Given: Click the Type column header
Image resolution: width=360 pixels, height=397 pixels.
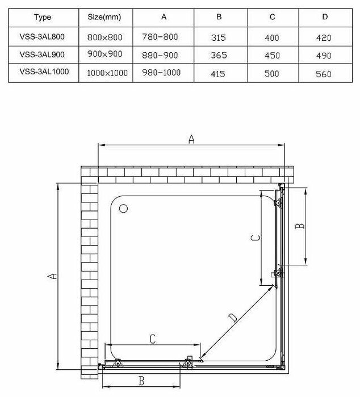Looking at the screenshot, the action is click(42, 17).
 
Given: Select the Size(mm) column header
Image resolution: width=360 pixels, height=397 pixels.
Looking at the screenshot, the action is click(104, 17).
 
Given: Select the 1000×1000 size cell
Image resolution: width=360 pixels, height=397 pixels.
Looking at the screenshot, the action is click(107, 74).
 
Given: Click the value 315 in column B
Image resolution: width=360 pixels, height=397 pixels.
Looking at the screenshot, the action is click(218, 38).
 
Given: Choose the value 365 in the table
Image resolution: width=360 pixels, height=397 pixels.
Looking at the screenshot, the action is click(218, 56).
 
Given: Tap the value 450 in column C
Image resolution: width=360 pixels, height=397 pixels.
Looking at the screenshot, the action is click(272, 56).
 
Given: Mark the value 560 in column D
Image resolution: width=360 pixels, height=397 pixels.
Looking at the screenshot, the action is click(324, 74).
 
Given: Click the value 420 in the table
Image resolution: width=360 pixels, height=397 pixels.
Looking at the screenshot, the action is click(324, 38).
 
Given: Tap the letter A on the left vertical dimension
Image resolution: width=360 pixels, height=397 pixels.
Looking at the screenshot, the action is click(52, 276).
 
